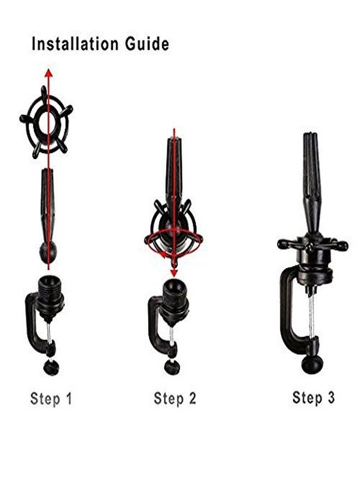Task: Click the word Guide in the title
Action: click(x=147, y=44)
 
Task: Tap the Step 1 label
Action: click(x=51, y=399)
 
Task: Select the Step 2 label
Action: click(x=175, y=399)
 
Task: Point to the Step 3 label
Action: click(x=313, y=398)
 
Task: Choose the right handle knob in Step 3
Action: click(x=343, y=245)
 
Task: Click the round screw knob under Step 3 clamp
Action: click(x=312, y=364)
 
